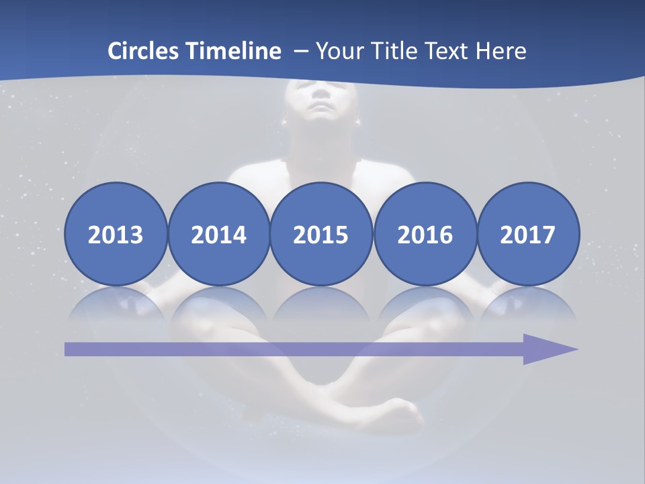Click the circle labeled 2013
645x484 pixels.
(x=116, y=235)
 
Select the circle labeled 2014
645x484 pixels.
(x=218, y=235)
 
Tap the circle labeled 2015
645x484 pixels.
(x=321, y=235)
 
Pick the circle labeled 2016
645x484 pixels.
(x=425, y=235)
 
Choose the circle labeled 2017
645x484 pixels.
(x=527, y=235)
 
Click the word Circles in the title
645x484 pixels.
(x=144, y=50)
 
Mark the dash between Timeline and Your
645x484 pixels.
(x=300, y=52)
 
